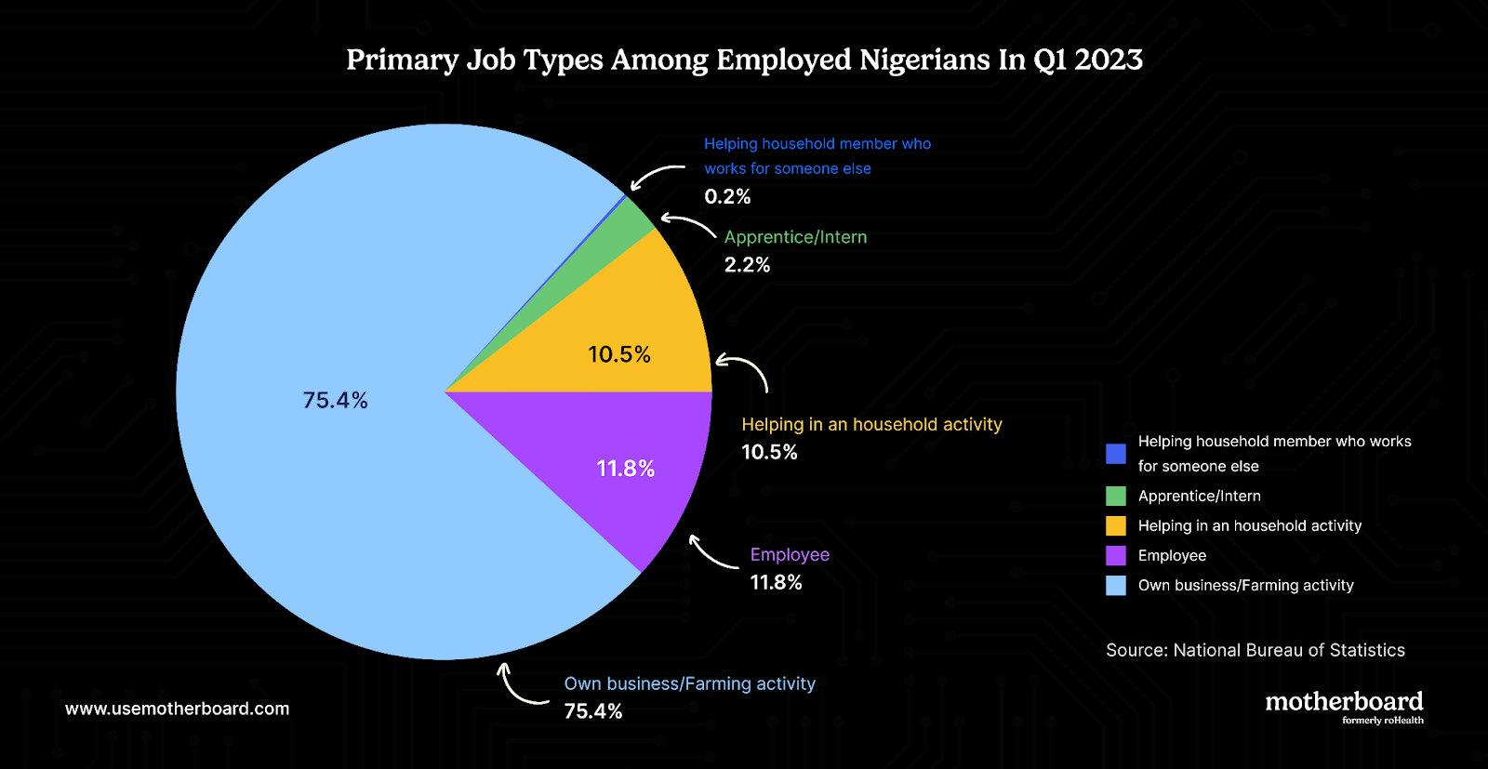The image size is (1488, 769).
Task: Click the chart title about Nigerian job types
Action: coord(744,60)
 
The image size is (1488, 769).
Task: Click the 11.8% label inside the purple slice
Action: coord(625,469)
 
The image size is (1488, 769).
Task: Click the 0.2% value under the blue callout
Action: coord(727,196)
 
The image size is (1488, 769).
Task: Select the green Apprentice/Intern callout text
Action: coord(795,237)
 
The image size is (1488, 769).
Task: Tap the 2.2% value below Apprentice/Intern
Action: coord(747,265)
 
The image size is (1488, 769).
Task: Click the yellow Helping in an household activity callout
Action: coord(871,425)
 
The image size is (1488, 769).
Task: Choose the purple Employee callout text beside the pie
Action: coord(790,555)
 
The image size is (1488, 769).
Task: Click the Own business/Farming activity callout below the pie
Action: coord(689,684)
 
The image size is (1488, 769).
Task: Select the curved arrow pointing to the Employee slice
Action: coord(711,552)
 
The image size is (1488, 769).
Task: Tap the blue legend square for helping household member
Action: coord(1116,454)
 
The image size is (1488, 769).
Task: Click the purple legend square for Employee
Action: coord(1116,556)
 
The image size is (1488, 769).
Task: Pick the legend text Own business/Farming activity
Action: coord(1245,586)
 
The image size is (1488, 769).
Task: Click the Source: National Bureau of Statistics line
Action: coord(1255,651)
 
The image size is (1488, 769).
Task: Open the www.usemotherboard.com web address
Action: coord(177,709)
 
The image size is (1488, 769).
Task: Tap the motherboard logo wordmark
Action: coord(1344,703)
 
